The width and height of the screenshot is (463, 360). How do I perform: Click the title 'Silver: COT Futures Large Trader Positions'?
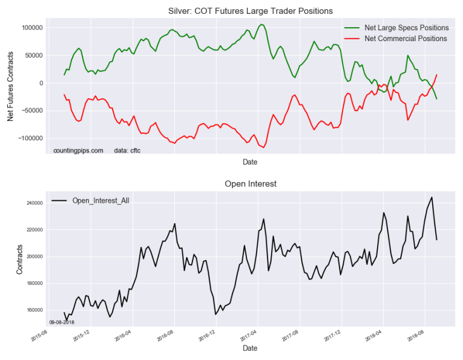coord(250,11)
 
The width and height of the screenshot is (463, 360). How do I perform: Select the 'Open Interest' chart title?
coord(250,183)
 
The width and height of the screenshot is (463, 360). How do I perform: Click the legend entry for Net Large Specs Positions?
coord(406,28)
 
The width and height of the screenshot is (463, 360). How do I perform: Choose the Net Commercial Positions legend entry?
coord(406,38)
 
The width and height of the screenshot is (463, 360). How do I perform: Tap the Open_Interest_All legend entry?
coord(100,200)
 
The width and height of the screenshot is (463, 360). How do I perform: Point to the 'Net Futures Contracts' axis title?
coord(10,83)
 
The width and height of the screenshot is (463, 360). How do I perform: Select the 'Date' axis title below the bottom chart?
coord(250,348)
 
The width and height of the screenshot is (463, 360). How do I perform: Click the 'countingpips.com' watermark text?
coord(78,150)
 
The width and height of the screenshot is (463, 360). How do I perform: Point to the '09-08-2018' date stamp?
coord(62,322)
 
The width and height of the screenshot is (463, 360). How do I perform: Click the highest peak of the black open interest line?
coord(432,197)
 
